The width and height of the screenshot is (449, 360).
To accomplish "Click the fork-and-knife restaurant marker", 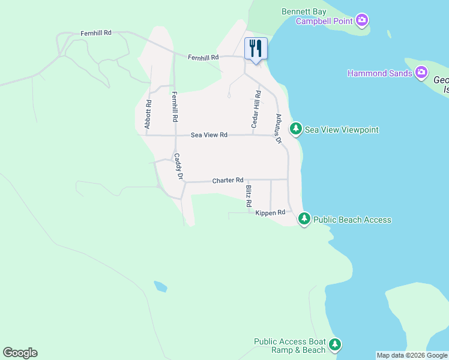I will click(256, 48).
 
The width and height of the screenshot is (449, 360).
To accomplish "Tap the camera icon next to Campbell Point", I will click(361, 22).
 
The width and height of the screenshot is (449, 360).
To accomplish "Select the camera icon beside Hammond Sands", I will click(421, 73).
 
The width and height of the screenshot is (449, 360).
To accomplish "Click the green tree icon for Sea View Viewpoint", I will click(296, 129).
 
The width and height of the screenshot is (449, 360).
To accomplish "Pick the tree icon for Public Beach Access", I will click(305, 219).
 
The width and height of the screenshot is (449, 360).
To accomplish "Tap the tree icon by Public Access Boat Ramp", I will click(335, 345).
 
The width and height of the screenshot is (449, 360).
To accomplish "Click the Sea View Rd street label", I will click(209, 135).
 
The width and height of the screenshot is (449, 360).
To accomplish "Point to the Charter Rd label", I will click(228, 180).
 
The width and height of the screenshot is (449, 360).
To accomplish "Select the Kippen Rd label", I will click(270, 213).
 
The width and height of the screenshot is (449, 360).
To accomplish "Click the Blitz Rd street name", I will click(249, 196).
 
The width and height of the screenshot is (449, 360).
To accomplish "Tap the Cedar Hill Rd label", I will click(256, 109).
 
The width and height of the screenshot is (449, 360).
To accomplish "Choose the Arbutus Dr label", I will click(279, 128).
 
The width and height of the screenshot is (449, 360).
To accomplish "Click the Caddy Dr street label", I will click(178, 167).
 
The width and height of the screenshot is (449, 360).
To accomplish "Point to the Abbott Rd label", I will click(148, 114).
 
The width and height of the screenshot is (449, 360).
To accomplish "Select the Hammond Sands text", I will click(379, 73).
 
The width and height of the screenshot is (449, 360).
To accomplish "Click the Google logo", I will click(20, 353).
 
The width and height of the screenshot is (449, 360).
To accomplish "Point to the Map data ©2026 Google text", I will click(412, 355).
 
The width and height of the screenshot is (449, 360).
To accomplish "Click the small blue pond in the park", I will click(160, 286).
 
